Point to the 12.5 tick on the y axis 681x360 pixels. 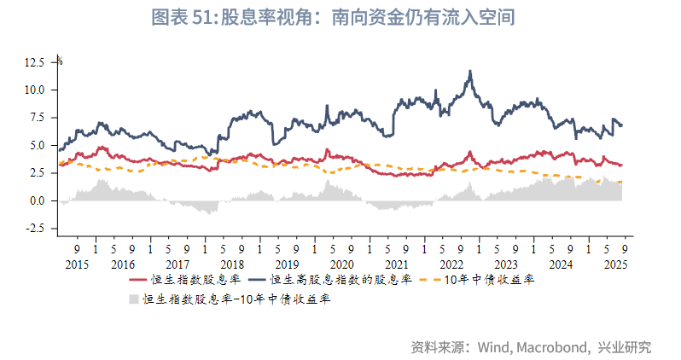point(36,62)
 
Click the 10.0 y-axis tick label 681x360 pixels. point(36,90)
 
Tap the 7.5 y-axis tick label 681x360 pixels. point(39,118)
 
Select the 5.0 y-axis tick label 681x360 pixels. point(39,145)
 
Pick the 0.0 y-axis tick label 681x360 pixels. point(39,200)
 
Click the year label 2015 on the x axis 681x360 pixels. point(77,264)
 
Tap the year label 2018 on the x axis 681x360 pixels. point(231,264)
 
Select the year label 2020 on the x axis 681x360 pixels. point(341,264)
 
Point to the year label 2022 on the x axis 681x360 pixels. point(451,264)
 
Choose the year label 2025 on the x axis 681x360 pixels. point(616,264)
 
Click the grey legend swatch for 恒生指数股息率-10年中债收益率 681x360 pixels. point(133,299)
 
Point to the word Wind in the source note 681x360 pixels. point(494,347)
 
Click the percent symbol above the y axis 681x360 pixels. point(59,58)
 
